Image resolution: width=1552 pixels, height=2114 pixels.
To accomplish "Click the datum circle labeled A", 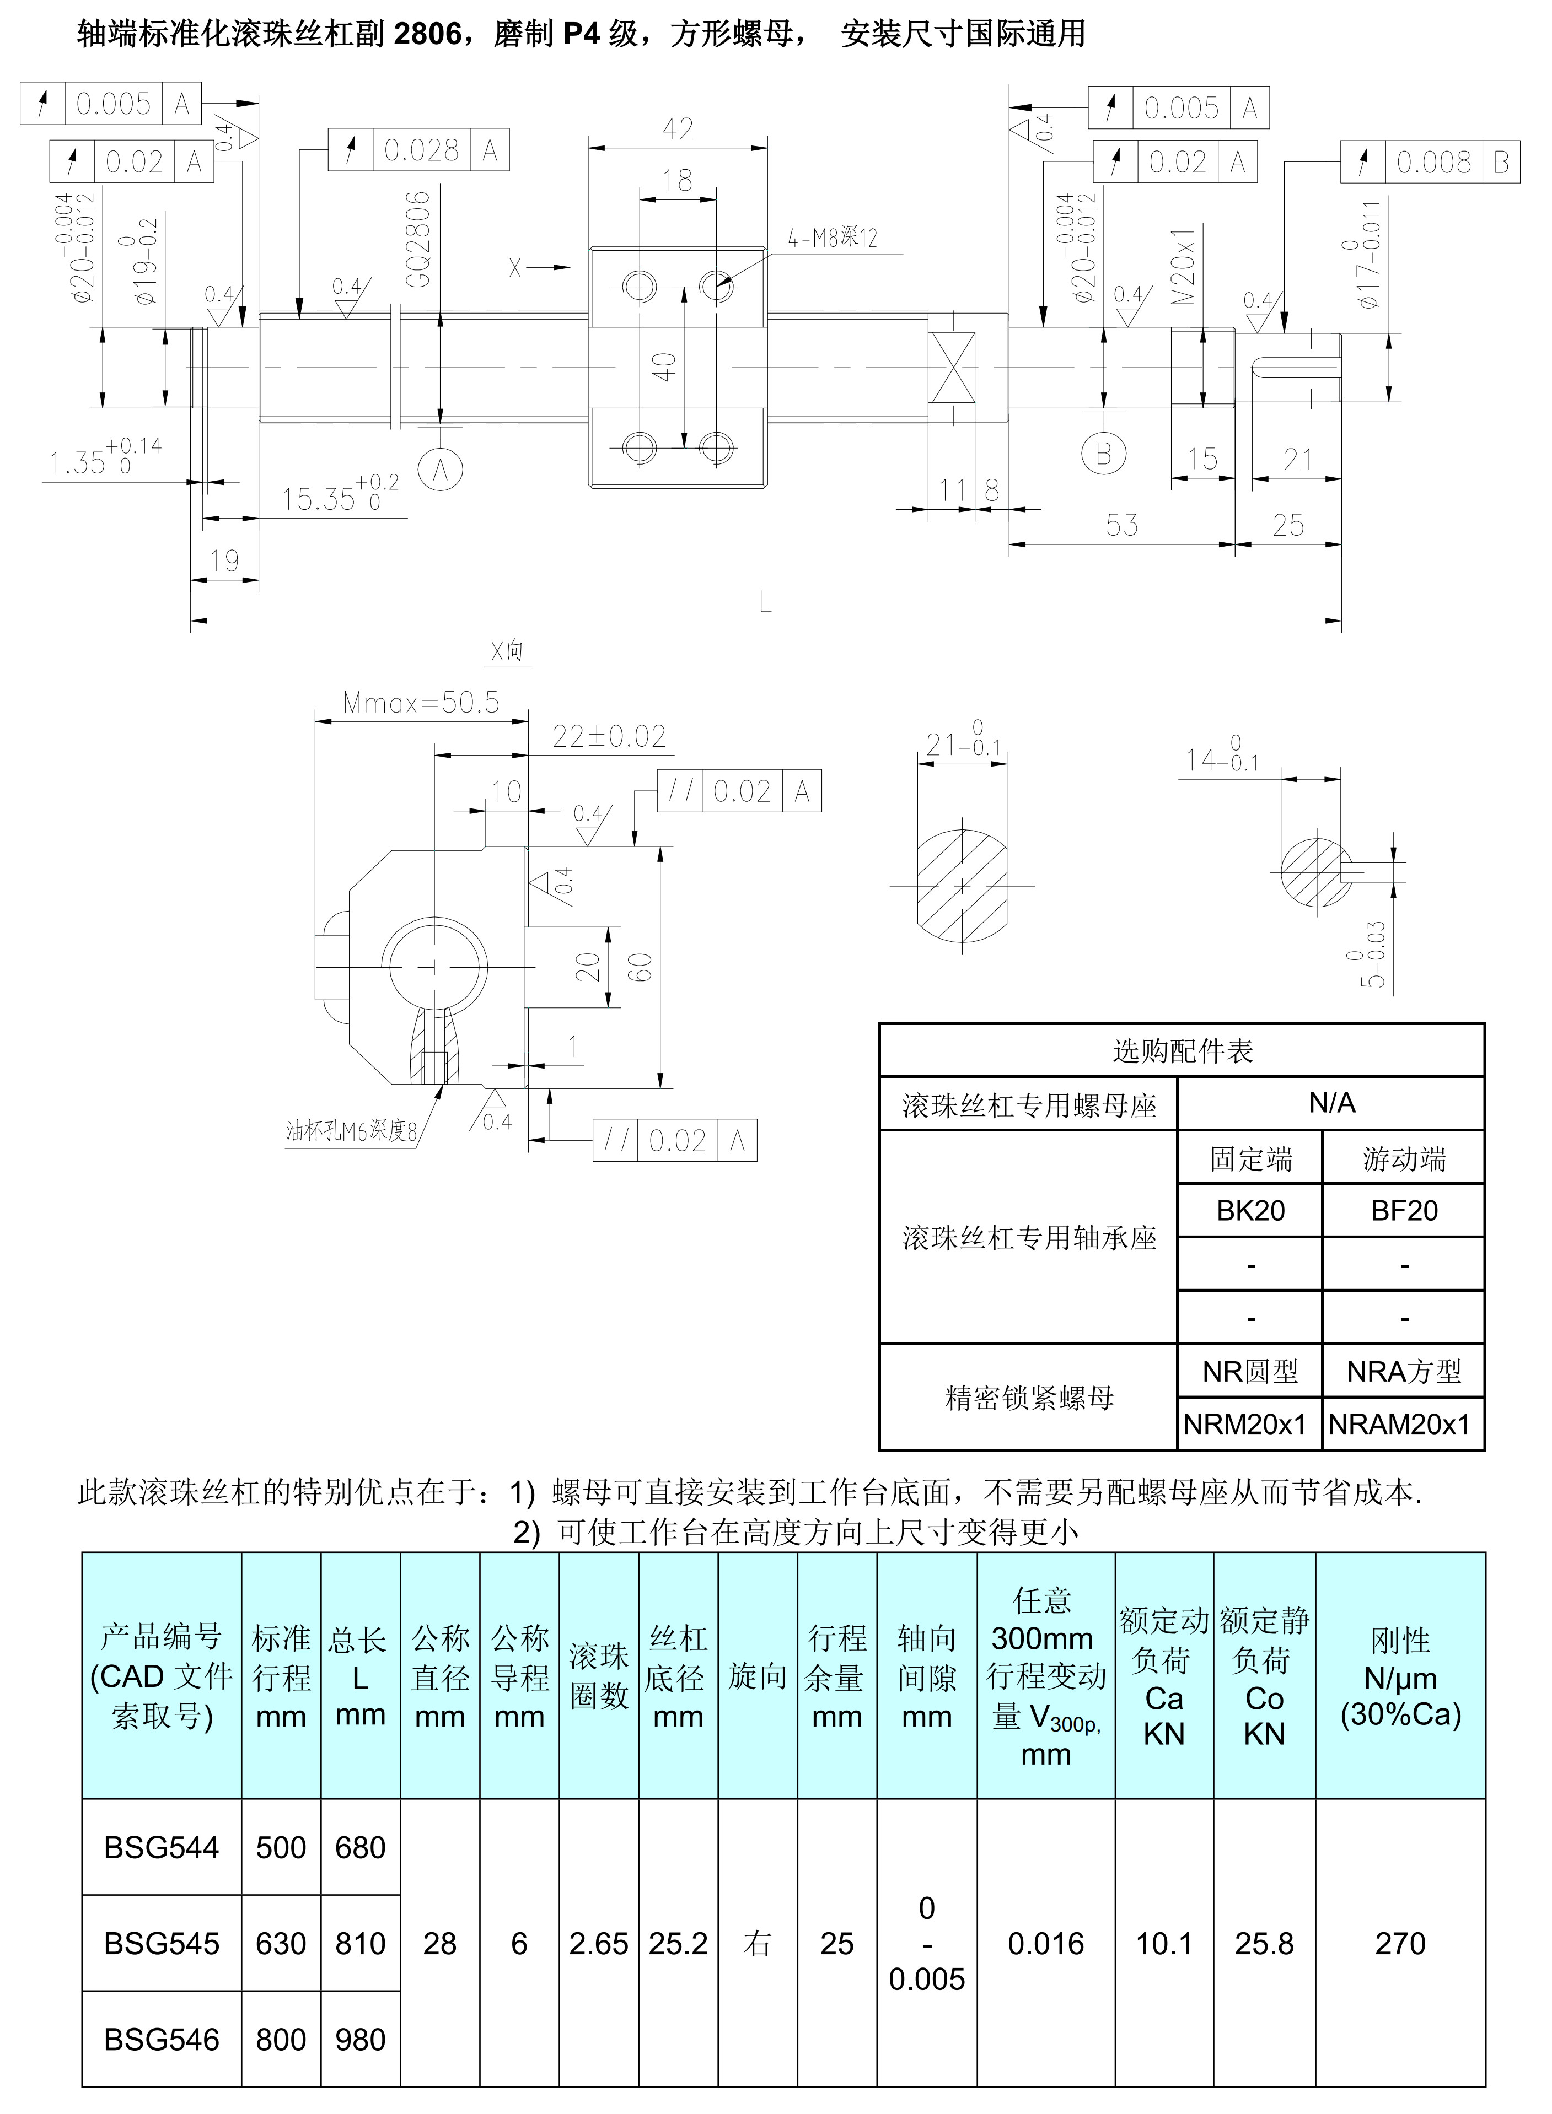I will point(439,468).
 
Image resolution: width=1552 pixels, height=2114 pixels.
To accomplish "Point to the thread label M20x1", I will point(1184,266).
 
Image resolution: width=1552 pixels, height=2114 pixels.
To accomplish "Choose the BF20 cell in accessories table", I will point(1404,1211).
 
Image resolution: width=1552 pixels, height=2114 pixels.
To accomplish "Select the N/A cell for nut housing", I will point(1331,1103).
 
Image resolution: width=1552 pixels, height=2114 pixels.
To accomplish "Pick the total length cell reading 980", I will point(361,2039).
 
